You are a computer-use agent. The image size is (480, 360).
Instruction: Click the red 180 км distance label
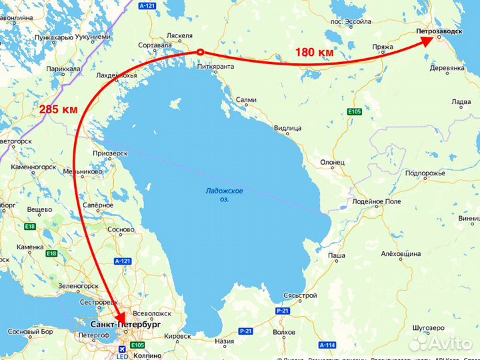tap(315, 52)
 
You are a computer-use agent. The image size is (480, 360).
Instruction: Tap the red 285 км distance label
tap(58, 109)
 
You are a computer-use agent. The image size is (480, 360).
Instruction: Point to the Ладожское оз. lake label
tap(224, 195)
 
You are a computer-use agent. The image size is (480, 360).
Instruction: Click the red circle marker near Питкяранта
tap(199, 52)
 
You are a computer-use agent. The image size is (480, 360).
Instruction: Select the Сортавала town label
tap(153, 45)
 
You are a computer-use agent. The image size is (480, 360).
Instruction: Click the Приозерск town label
tap(111, 153)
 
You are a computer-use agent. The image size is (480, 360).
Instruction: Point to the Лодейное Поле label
tap(377, 201)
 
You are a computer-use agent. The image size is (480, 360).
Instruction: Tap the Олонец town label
tap(332, 162)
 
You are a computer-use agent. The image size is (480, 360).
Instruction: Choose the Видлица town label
tap(288, 127)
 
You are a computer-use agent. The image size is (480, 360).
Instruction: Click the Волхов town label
tap(284, 331)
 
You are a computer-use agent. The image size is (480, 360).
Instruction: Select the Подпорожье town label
tap(425, 173)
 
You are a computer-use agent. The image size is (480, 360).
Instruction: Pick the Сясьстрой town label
tap(300, 295)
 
